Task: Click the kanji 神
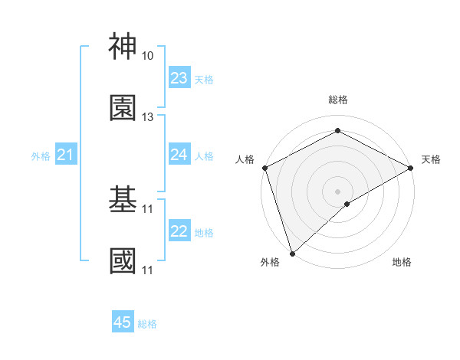click(x=123, y=46)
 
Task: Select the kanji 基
click(x=123, y=199)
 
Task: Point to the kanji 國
click(x=123, y=260)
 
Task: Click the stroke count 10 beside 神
click(x=147, y=56)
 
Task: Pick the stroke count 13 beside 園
click(x=147, y=117)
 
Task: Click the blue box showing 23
click(x=179, y=78)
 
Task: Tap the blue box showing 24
click(x=179, y=155)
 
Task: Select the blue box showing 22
click(x=179, y=231)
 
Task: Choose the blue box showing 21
click(x=66, y=155)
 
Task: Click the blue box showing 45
click(x=123, y=322)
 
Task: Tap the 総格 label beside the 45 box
click(x=147, y=324)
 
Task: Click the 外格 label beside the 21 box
click(x=41, y=156)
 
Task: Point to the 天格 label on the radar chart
click(x=432, y=159)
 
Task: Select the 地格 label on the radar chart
click(x=402, y=263)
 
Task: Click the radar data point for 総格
click(x=337, y=130)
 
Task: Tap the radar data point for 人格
click(x=264, y=168)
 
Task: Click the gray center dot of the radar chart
click(x=337, y=191)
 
